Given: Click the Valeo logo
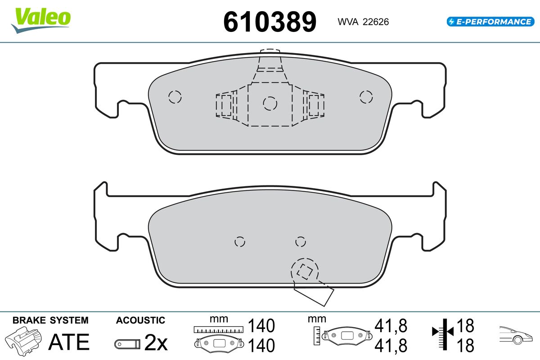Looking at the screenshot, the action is [x=41, y=20].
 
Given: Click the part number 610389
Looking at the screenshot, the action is [x=270, y=22].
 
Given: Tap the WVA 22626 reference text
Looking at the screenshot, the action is [x=363, y=22].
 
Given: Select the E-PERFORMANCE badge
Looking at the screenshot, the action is [x=490, y=22].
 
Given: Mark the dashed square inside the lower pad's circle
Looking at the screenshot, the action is [x=305, y=272].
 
